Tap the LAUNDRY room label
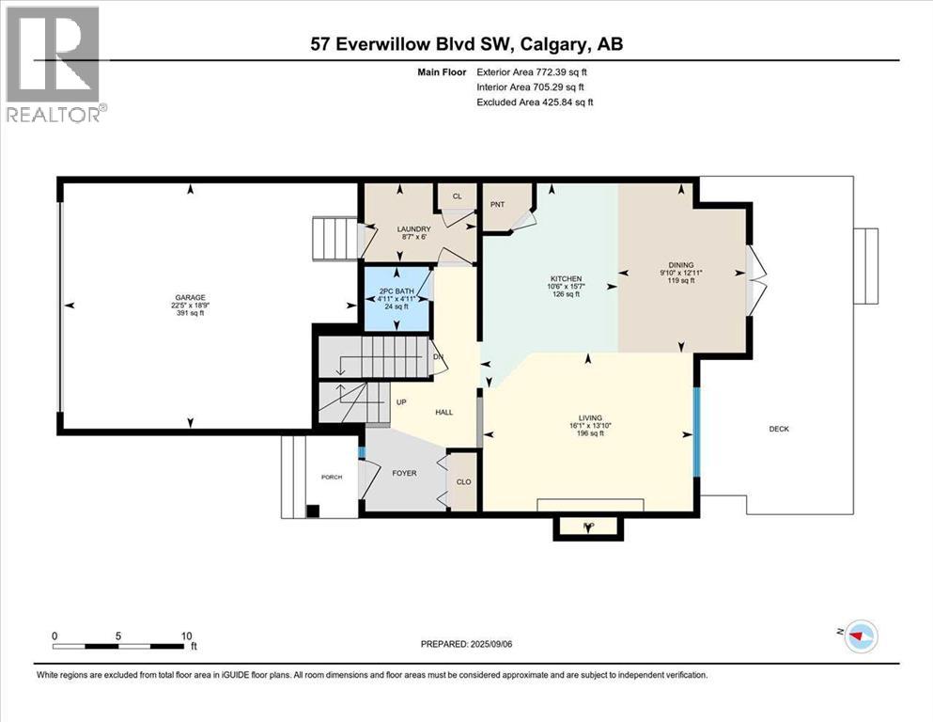[x=413, y=229]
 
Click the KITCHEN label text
[x=566, y=279]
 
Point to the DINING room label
[x=681, y=266]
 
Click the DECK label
[x=779, y=429]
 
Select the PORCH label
[x=332, y=478]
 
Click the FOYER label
[x=404, y=474]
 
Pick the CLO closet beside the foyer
[x=463, y=482]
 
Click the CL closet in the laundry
[x=458, y=196]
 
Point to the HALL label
[x=444, y=413]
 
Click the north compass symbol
[x=857, y=636]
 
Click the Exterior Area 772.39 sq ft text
[x=536, y=71]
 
